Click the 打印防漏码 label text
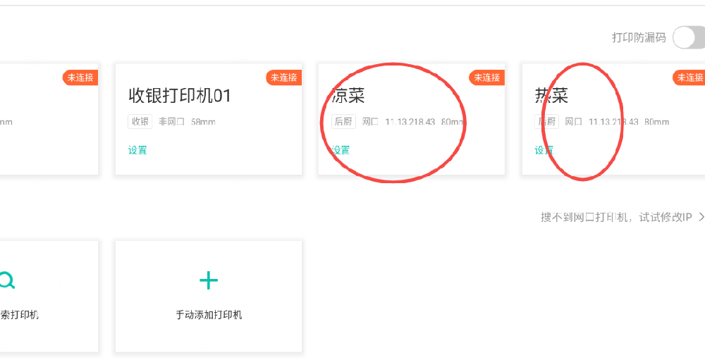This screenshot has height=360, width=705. click(x=639, y=38)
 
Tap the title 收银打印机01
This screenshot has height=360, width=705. click(x=180, y=96)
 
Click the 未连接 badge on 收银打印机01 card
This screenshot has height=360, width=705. click(x=284, y=77)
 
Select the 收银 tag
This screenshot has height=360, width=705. click(x=140, y=122)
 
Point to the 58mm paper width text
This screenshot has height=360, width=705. click(x=203, y=122)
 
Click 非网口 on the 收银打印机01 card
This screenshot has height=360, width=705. click(x=171, y=122)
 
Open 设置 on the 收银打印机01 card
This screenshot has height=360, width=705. click(x=137, y=150)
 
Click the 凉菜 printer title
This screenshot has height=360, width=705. click(x=349, y=96)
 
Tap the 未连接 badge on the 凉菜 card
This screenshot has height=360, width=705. click(x=487, y=77)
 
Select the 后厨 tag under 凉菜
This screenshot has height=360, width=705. click(x=343, y=122)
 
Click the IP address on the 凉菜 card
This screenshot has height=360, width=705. click(x=410, y=122)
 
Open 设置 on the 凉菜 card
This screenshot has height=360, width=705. click(x=341, y=150)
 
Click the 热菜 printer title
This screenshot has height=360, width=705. click(x=551, y=96)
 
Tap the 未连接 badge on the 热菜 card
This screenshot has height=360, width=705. click(x=689, y=77)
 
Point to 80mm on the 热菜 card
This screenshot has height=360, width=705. click(x=656, y=122)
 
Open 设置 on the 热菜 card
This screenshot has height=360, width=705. click(x=544, y=150)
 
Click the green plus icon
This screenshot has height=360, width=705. click(x=209, y=281)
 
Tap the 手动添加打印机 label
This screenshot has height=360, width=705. click(x=209, y=315)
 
